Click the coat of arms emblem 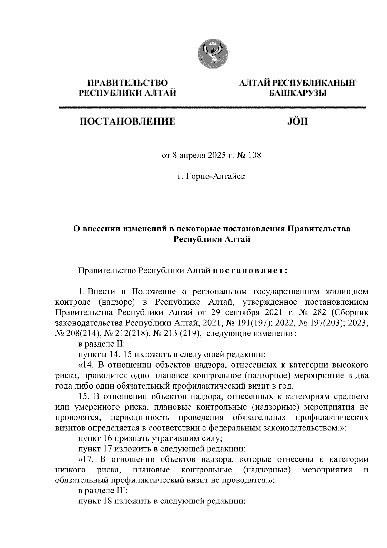click(213, 54)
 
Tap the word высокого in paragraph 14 click(351, 365)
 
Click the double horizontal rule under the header click(213, 108)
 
